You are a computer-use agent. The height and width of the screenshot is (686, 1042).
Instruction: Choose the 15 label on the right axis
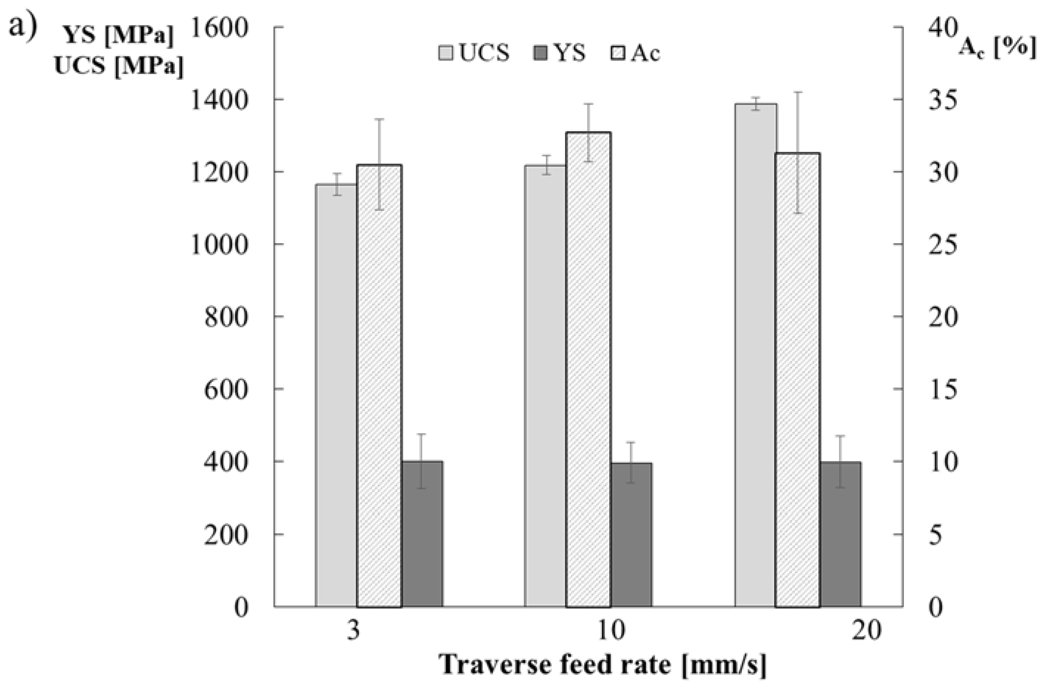point(943,389)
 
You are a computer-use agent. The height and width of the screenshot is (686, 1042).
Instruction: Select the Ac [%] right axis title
point(998,46)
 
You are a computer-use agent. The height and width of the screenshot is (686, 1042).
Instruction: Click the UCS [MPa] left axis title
point(119,67)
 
